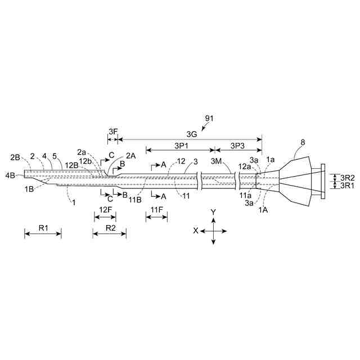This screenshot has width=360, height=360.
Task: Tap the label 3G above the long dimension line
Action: (192, 134)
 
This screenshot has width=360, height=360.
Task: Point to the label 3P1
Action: (181, 145)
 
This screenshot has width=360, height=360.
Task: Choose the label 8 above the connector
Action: (303, 143)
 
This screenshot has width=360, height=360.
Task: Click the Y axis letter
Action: (213, 211)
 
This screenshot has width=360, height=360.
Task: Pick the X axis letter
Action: (195, 231)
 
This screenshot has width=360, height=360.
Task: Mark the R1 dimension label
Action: (43, 228)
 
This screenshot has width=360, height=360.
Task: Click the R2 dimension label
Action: (110, 228)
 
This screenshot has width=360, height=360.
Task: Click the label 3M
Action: (216, 161)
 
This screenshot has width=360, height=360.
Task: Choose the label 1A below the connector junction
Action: (263, 209)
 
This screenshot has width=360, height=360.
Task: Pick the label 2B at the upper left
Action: (15, 156)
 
